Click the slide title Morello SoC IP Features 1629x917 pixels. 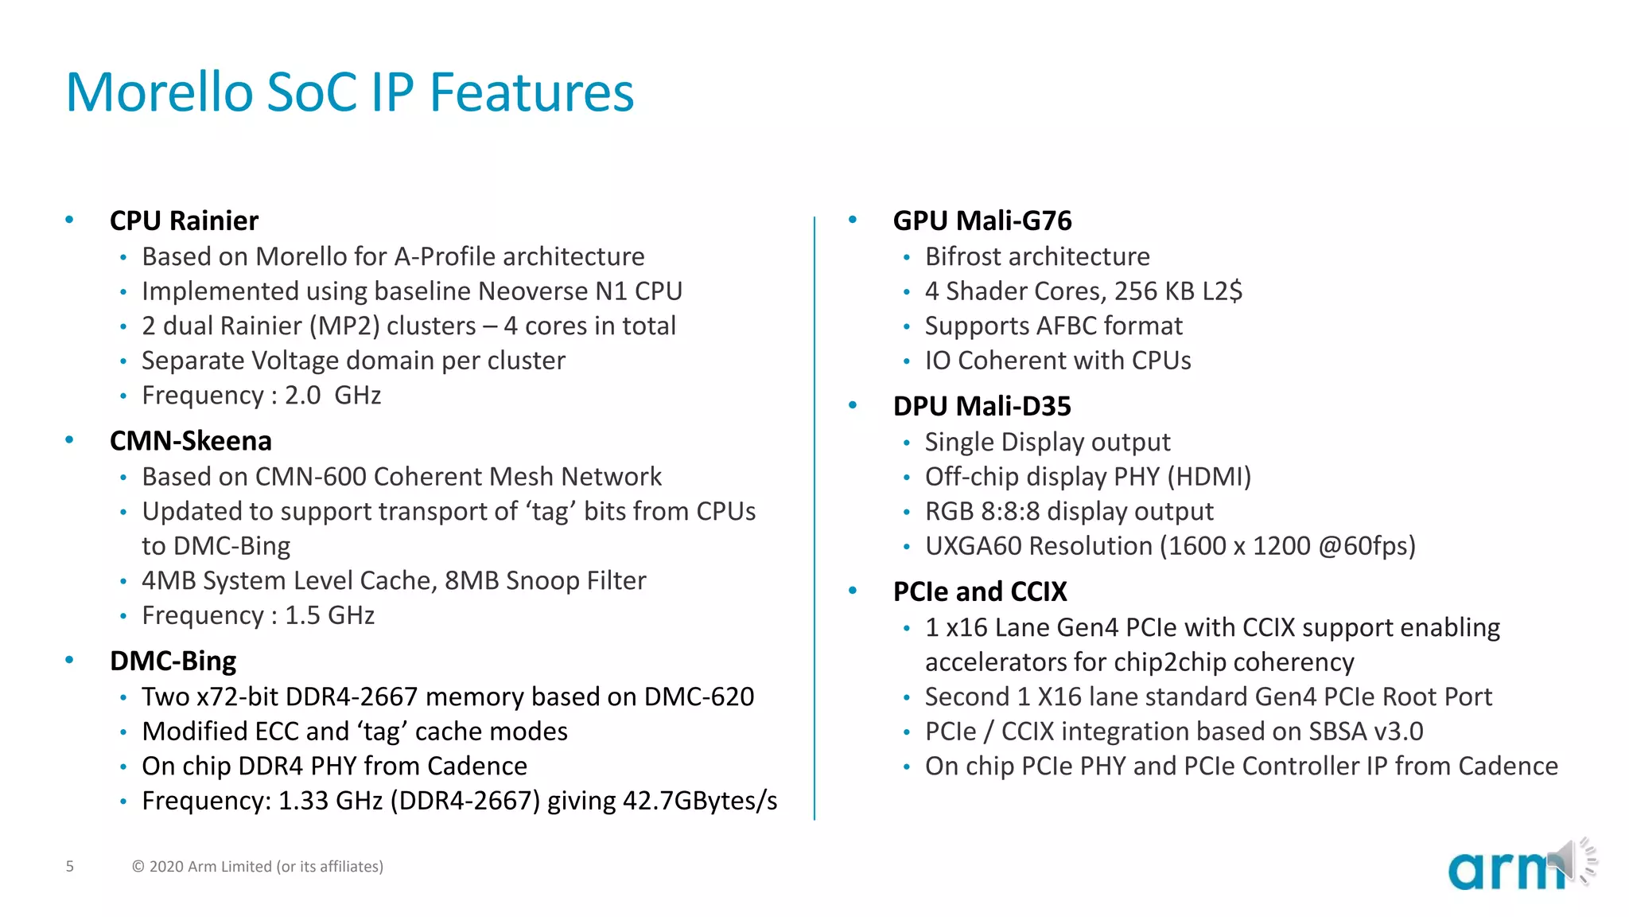[x=349, y=92]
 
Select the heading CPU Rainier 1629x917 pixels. [x=184, y=220]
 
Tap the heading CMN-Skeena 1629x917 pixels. [x=190, y=440]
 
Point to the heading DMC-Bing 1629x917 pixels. [x=173, y=661]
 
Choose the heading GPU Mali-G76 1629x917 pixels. [x=982, y=220]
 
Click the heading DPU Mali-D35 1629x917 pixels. [x=982, y=406]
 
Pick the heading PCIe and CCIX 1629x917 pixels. [x=979, y=591]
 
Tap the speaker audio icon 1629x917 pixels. [x=1575, y=860]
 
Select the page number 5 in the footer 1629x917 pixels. [x=70, y=866]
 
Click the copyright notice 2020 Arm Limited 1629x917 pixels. [x=258, y=866]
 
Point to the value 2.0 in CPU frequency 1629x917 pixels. [x=303, y=396]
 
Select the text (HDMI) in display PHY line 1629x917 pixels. [x=1209, y=477]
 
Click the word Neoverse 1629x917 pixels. [x=533, y=291]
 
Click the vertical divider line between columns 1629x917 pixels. [x=814, y=517]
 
